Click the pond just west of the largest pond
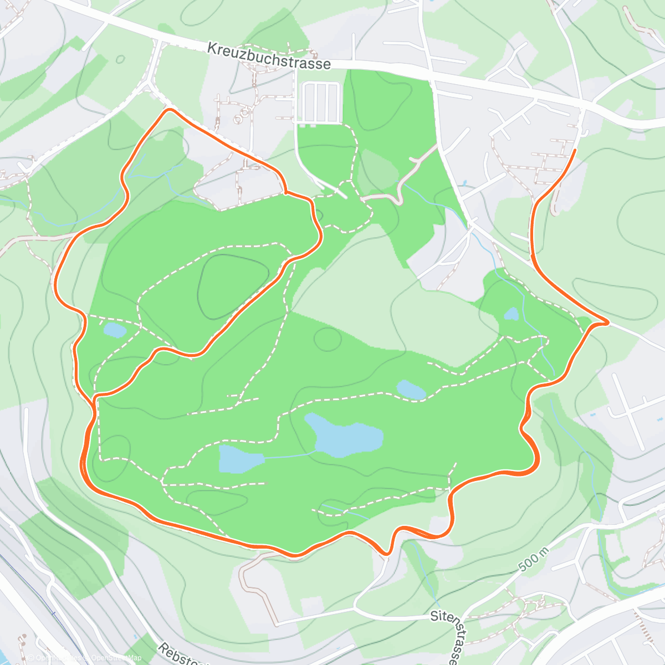click(x=239, y=458)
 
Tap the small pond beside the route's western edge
click(x=115, y=330)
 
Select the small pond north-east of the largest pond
click(x=411, y=390)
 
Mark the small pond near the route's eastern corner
click(x=511, y=314)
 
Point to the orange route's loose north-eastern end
click(x=575, y=150)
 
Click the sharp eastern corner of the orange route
click(x=607, y=322)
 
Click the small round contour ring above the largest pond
click(x=328, y=339)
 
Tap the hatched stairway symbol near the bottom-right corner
click(x=644, y=626)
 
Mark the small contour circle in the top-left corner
click(x=120, y=59)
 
